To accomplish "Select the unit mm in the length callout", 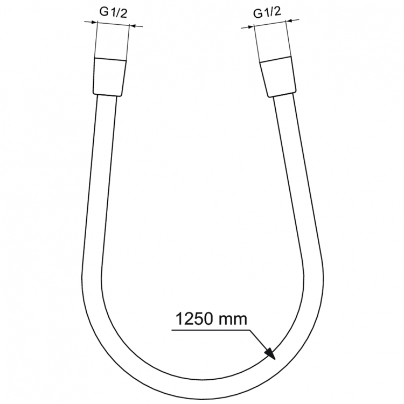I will (x=233, y=319).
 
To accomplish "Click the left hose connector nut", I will (x=111, y=76).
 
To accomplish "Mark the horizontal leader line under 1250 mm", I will (x=210, y=328).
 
